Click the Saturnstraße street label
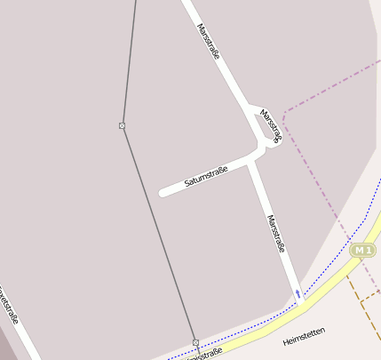206,175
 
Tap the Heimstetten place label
304,336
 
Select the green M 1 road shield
361,251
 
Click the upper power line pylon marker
122,125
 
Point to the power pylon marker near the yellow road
195,342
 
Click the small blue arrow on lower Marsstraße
298,292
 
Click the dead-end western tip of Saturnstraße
162,192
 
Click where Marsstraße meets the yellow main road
302,304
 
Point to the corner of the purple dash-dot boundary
284,113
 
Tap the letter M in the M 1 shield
358,251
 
